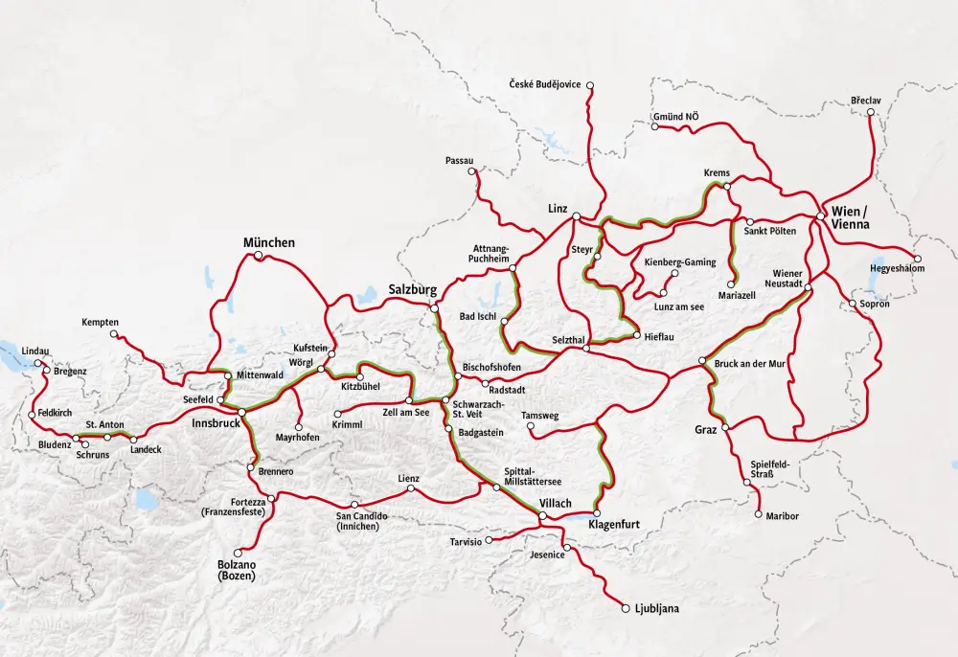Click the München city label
(x=268, y=242)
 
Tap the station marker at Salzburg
(x=434, y=307)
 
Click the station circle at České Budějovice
(x=590, y=86)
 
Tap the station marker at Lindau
(x=39, y=363)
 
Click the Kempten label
(x=100, y=322)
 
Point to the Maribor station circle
(x=758, y=515)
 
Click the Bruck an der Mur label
(x=752, y=363)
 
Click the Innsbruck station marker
(x=242, y=412)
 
